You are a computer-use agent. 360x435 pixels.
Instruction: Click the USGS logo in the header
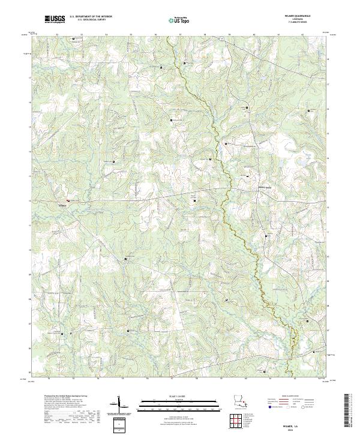click(55, 19)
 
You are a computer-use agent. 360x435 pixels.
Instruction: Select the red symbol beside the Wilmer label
click(68, 200)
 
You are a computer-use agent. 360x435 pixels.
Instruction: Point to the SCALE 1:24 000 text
click(179, 397)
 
